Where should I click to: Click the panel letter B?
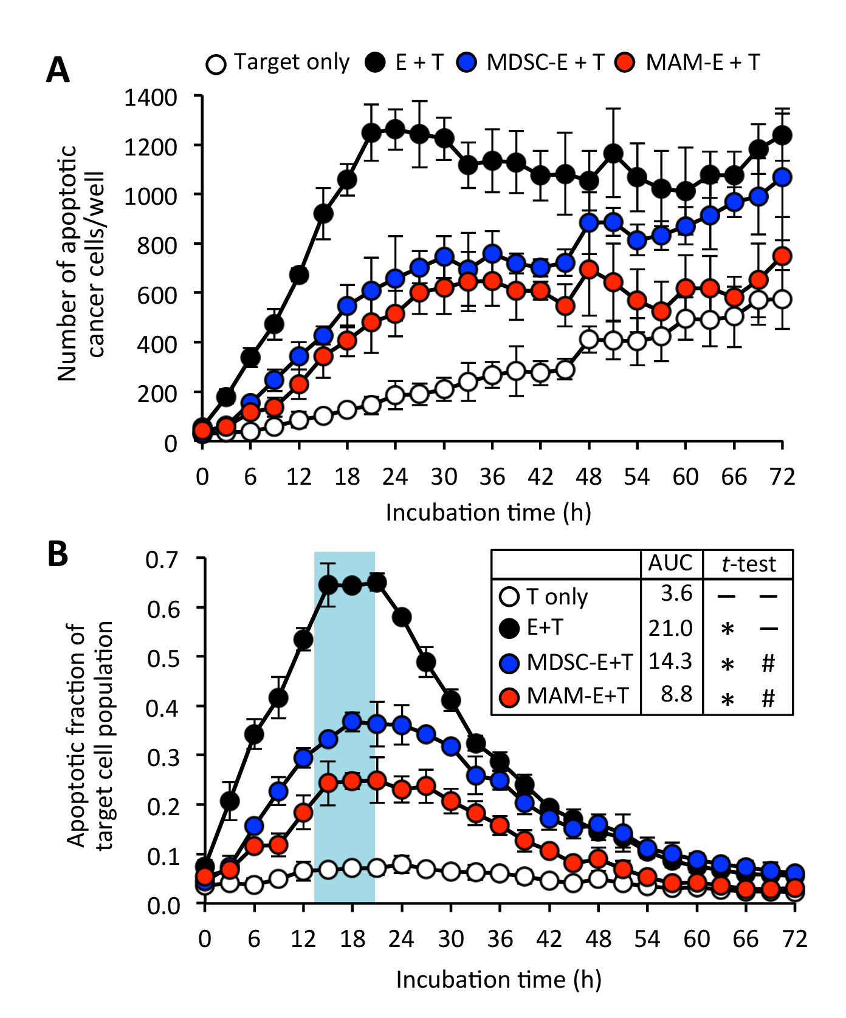pos(58,554)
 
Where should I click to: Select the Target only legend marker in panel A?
pos(216,64)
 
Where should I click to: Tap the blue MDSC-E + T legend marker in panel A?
pos(467,63)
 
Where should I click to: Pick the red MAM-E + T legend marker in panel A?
pos(624,63)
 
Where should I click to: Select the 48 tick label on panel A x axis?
pos(588,477)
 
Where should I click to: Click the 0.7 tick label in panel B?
pos(163,559)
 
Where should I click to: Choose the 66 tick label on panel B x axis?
pos(746,939)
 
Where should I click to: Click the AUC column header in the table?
pos(670,564)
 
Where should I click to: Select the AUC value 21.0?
pos(670,628)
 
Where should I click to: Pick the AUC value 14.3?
pos(670,661)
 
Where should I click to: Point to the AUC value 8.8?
pos(676,694)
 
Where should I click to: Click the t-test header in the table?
pos(749,564)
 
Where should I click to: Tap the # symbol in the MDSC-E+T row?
pos(769,663)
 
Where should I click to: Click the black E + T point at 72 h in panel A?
pos(783,135)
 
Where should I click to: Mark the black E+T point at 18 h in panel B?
pos(352,586)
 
